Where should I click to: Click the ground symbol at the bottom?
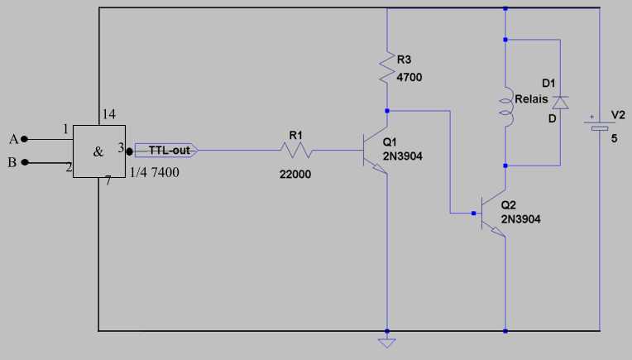386,343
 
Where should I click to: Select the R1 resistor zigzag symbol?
296,151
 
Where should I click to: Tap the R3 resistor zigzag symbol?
387,67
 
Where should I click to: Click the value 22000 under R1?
295,174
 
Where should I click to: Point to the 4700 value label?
409,77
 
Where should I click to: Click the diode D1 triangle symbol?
560,103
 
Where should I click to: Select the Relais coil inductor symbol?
506,107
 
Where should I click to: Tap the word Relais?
531,98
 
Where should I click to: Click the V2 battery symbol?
600,125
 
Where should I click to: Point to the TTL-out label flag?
166,151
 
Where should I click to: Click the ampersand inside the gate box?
98,152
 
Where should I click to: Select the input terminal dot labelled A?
24,139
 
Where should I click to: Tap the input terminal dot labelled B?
25,162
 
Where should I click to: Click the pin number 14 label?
108,114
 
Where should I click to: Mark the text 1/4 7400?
154,172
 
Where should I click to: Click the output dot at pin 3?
129,151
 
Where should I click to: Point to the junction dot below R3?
387,111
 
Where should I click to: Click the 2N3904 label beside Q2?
521,219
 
